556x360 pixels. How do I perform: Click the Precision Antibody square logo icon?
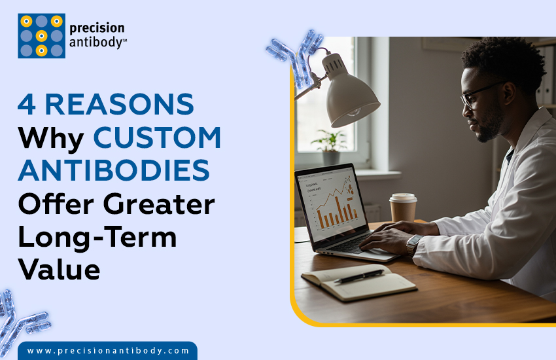[41, 36]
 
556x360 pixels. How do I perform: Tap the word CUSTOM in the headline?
[157, 137]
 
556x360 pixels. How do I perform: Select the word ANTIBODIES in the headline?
[114, 171]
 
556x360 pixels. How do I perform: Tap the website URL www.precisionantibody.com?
[108, 351]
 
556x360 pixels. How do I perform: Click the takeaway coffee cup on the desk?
[403, 207]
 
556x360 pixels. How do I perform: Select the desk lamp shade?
[353, 96]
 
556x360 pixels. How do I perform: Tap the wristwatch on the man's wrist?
[413, 243]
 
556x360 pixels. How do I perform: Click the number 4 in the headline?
[27, 105]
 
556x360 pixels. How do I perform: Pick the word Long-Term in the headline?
[97, 237]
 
